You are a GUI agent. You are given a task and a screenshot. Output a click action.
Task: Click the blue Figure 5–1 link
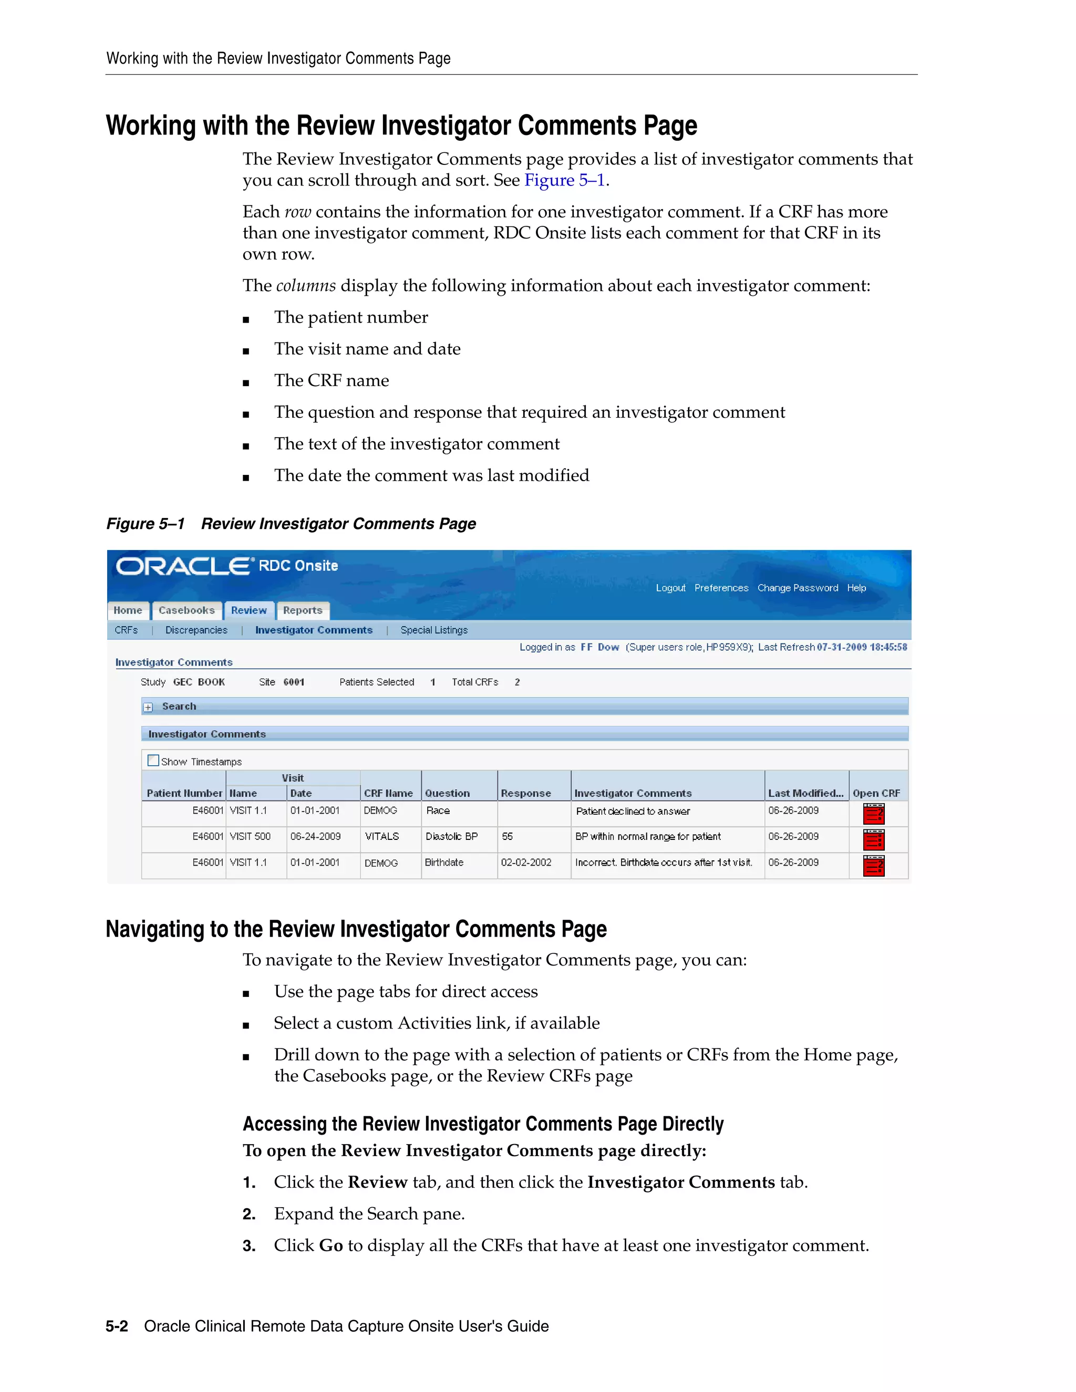pyautogui.click(x=564, y=180)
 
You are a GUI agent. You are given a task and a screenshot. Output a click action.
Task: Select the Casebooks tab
pyautogui.click(x=187, y=610)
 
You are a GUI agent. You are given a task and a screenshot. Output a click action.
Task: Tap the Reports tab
pyautogui.click(x=303, y=610)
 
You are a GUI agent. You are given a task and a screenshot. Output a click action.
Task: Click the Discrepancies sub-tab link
pyautogui.click(x=196, y=630)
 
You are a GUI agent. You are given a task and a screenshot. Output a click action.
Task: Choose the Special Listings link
pyautogui.click(x=434, y=630)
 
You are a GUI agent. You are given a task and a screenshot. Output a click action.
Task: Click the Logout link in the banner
pyautogui.click(x=670, y=588)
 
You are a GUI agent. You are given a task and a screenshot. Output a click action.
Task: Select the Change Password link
pyautogui.click(x=798, y=588)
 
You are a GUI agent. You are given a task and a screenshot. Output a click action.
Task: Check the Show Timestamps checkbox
pyautogui.click(x=153, y=761)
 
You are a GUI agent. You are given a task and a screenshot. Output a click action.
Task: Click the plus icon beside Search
pyautogui.click(x=148, y=707)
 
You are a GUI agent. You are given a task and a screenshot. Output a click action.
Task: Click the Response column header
pyautogui.click(x=526, y=793)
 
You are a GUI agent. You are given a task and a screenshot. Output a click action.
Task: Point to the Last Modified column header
pyautogui.click(x=805, y=793)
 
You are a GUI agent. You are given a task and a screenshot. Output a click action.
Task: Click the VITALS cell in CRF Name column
pyautogui.click(x=382, y=836)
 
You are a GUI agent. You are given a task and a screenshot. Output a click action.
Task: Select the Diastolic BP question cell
pyautogui.click(x=451, y=836)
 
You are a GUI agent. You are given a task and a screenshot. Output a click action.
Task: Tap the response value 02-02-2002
pyautogui.click(x=526, y=863)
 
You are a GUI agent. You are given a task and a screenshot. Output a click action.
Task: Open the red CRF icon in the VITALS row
pyautogui.click(x=873, y=839)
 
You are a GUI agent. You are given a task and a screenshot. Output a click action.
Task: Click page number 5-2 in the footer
pyautogui.click(x=117, y=1326)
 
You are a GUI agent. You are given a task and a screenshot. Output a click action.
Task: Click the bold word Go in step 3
pyautogui.click(x=331, y=1245)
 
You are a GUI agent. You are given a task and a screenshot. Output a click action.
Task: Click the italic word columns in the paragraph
pyautogui.click(x=306, y=286)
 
